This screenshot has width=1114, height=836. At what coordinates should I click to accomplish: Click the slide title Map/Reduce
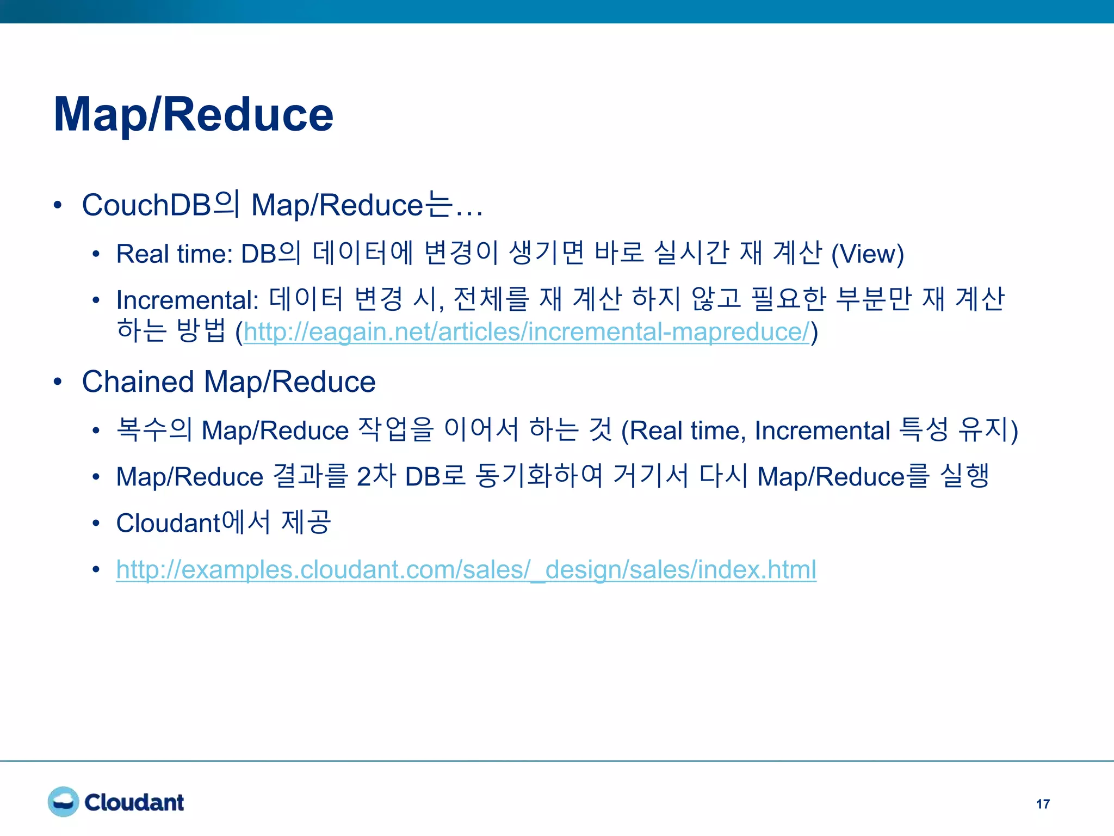193,114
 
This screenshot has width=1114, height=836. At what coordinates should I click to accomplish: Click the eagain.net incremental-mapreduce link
527,332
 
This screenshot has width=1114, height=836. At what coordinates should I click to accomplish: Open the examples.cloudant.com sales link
466,570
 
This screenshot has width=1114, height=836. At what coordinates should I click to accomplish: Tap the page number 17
1043,804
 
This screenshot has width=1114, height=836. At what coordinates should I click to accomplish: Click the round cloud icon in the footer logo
63,802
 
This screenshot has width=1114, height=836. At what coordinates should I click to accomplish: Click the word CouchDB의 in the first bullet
160,205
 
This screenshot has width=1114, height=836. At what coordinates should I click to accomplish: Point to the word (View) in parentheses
867,254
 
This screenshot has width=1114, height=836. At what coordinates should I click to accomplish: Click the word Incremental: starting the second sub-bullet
187,300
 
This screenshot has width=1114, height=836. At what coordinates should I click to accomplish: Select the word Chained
138,382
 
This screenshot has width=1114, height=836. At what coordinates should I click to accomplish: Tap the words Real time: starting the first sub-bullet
174,254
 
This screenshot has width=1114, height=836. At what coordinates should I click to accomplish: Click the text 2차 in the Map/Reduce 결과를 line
376,477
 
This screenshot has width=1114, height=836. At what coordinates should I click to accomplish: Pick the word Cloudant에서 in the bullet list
193,523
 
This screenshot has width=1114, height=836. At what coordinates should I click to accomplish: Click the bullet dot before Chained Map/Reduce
58,382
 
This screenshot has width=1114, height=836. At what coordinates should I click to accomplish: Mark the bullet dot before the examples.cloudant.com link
96,570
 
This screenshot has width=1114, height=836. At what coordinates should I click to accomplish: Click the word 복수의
154,430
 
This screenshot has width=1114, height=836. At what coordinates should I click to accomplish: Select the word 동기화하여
539,476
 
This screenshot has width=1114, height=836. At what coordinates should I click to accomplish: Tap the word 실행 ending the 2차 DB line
965,476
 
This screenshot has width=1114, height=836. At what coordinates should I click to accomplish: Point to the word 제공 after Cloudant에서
306,522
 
